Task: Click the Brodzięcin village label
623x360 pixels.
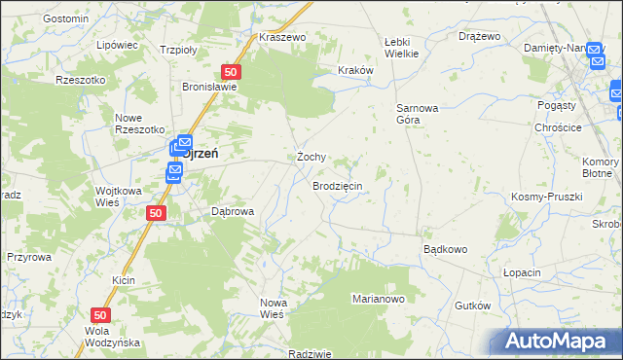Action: tap(338, 185)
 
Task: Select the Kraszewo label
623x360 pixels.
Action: tap(282, 37)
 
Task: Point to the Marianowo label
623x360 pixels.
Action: tap(378, 299)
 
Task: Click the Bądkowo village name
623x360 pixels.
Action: tap(445, 249)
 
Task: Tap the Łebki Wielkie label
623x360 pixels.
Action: tap(401, 47)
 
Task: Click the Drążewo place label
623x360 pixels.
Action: tap(479, 36)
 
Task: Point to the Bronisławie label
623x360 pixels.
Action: tap(211, 86)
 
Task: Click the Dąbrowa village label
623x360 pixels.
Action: tap(233, 211)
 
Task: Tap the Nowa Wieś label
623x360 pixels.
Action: tap(272, 308)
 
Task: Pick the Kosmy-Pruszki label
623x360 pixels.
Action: tap(546, 197)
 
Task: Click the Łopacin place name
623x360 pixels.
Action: tap(522, 272)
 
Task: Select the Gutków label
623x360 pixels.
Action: tap(472, 306)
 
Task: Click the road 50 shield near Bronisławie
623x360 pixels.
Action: tap(231, 72)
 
